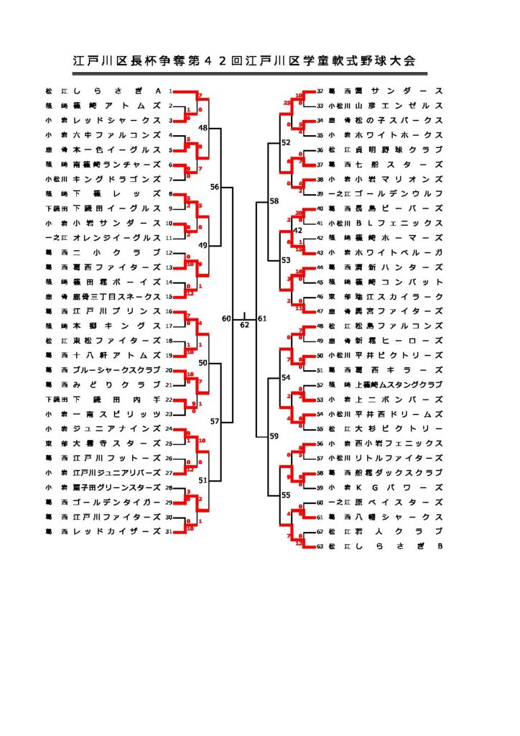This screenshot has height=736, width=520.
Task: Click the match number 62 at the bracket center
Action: (x=245, y=325)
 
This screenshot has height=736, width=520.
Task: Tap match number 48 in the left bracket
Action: (x=203, y=127)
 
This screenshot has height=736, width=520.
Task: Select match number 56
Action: (x=215, y=186)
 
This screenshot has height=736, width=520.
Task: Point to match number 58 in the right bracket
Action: (x=274, y=201)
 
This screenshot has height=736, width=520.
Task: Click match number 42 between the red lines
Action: (x=298, y=230)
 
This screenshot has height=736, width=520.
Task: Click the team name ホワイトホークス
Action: (x=394, y=135)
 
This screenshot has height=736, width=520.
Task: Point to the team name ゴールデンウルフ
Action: (x=394, y=193)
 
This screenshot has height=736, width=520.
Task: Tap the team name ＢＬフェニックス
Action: (x=394, y=223)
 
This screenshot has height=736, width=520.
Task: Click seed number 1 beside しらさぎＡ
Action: (x=170, y=91)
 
